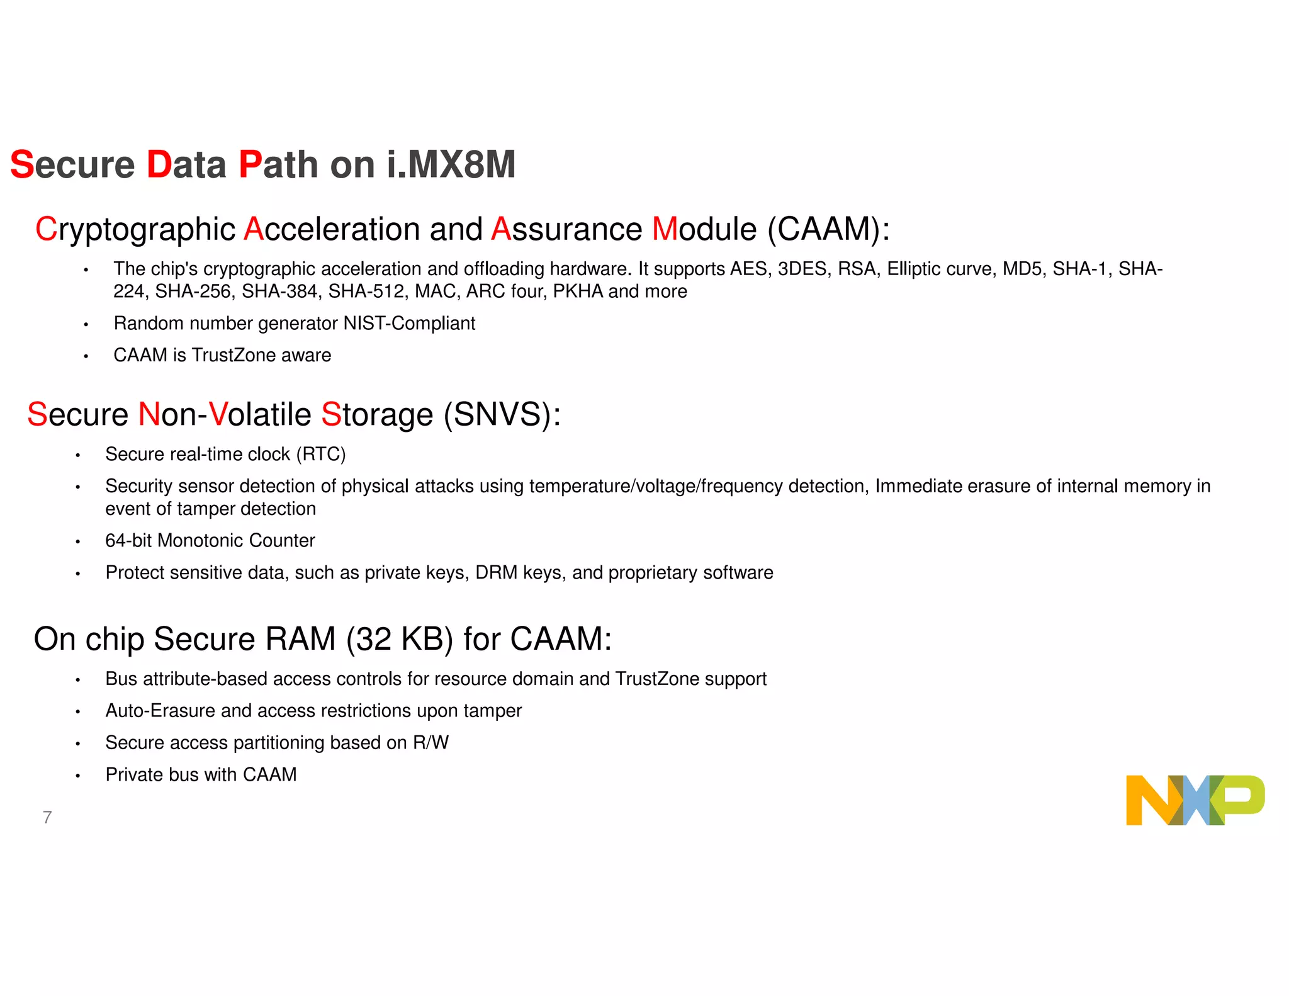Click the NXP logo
(1195, 800)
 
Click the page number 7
(47, 817)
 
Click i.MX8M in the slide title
(451, 165)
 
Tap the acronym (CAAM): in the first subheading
(828, 229)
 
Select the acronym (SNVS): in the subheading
(502, 415)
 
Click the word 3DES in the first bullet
(802, 269)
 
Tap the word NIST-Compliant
(409, 324)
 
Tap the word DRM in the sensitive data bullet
(496, 573)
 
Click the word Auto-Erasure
(160, 711)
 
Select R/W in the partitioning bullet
(431, 743)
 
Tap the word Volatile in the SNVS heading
(260, 415)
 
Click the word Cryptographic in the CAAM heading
(135, 229)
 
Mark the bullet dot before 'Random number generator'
(86, 325)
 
